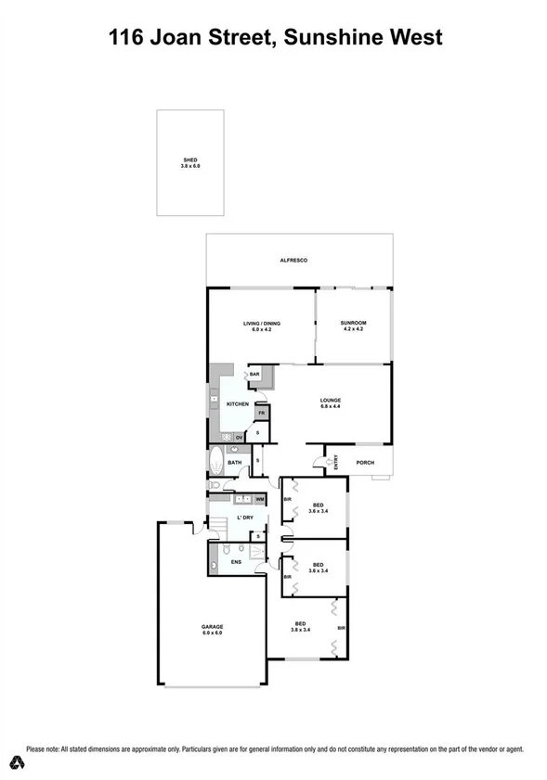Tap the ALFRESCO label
pos(293,261)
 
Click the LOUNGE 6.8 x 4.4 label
pos(332,403)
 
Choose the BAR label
pos(254,374)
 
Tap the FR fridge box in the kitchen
pos(262,414)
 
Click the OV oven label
pos(239,436)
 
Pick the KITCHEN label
pos(237,404)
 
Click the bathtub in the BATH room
pos(215,461)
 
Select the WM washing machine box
pos(260,499)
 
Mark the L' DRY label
pos(245,517)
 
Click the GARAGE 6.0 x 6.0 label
pos(213,629)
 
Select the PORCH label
pos(365,461)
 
